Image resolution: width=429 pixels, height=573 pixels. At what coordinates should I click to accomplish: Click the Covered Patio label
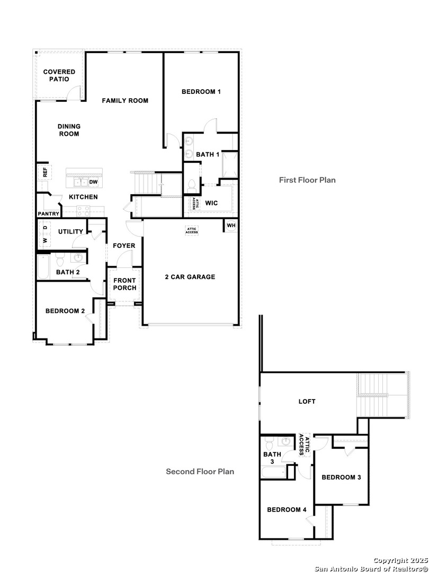59,75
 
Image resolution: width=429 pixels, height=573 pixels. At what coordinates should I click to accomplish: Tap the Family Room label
125,100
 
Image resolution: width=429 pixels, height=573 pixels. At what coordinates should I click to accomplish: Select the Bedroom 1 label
201,92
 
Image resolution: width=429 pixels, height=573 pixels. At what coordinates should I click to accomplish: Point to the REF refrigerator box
44,172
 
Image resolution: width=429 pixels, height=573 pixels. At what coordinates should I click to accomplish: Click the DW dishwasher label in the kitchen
93,182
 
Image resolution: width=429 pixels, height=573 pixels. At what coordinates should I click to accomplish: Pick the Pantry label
48,214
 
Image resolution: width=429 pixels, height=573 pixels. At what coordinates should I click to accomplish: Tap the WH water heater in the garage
231,225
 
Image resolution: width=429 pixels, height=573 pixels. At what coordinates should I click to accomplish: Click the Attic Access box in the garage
191,230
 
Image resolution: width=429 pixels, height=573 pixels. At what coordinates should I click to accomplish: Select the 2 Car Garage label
190,276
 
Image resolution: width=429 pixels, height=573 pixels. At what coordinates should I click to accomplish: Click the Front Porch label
124,284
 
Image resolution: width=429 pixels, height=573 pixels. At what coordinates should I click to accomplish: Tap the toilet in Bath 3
269,442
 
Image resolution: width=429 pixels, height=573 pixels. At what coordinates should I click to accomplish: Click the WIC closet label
211,203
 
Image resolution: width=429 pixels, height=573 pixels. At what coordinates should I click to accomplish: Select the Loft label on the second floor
307,402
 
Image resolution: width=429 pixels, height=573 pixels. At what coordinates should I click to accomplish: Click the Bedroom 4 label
287,510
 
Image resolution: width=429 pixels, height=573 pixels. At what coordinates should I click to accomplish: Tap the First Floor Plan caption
307,180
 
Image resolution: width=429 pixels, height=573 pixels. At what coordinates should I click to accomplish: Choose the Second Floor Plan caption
200,471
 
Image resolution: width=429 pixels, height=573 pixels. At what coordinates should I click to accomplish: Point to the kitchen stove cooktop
83,210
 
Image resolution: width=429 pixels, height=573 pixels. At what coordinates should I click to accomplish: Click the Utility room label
70,231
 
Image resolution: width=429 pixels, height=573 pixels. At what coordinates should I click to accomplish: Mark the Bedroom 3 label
341,477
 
